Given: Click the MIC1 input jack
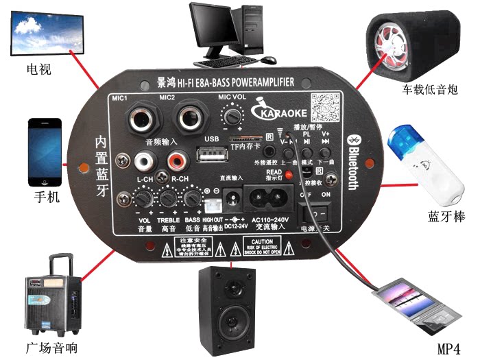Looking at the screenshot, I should pos(141,119).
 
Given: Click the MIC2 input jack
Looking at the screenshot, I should pos(190,119).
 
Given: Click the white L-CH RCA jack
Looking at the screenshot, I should pos(145,162).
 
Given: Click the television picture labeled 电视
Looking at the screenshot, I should pos(47,38).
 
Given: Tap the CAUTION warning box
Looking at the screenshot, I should pos(263,247).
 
